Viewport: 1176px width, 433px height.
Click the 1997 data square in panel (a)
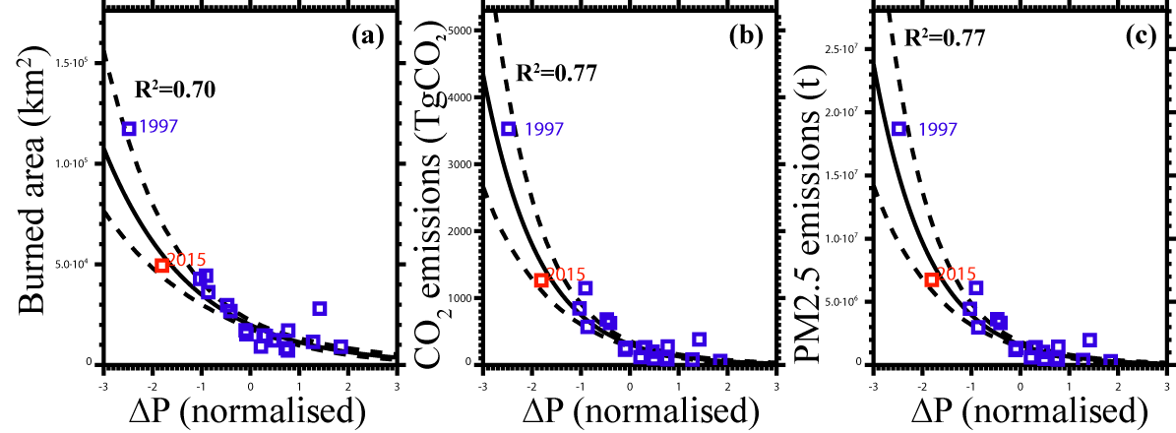[x=129, y=129]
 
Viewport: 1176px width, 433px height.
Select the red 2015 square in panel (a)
[x=162, y=265]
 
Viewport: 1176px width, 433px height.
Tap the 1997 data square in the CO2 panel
[x=509, y=129]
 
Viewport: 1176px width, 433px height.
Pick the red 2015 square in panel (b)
[x=540, y=280]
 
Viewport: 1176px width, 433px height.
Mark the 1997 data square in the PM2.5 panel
[x=898, y=129]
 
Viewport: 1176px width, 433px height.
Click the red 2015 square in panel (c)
[x=931, y=279]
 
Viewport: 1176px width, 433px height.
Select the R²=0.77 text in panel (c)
[x=946, y=38]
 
